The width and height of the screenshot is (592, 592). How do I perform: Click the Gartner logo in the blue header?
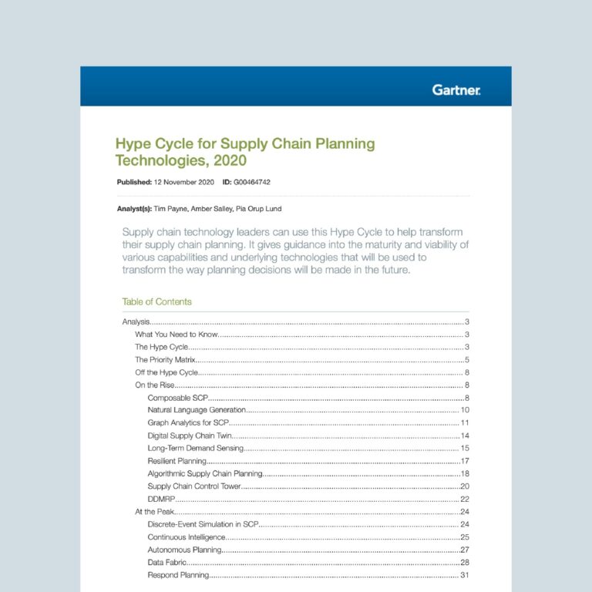(x=456, y=90)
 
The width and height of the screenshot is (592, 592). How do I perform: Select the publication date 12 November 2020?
(x=181, y=183)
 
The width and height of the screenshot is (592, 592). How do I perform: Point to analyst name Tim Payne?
(x=170, y=208)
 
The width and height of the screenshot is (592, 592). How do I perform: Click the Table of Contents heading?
(x=156, y=301)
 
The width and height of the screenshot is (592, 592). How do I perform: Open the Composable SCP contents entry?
(x=178, y=398)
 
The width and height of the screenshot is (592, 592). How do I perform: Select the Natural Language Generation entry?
(x=197, y=410)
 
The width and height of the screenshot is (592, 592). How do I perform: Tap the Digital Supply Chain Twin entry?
(x=191, y=436)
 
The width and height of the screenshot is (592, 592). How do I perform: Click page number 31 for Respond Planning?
(x=465, y=575)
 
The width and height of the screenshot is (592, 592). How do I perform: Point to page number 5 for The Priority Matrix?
(x=467, y=360)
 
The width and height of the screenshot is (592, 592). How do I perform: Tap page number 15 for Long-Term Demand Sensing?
(x=465, y=448)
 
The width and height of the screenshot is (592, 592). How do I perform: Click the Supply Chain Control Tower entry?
(x=194, y=486)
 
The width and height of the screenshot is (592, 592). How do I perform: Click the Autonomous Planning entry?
(x=184, y=550)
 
